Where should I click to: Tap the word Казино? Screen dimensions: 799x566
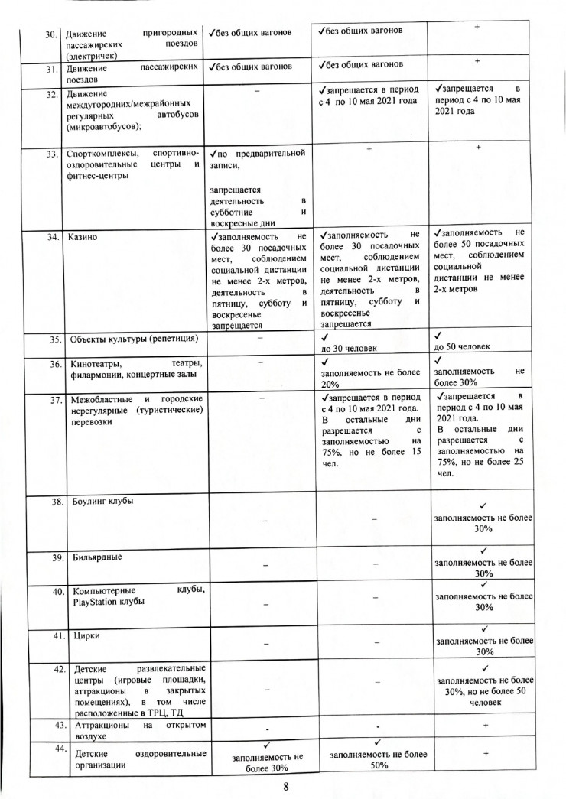tap(86, 237)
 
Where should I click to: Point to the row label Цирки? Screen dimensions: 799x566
tap(86, 636)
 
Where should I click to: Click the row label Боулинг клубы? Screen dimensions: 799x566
tap(103, 502)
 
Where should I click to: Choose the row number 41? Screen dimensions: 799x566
tap(56, 636)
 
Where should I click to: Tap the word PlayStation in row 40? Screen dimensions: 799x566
tap(97, 602)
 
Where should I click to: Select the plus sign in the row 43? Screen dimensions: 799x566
tap(485, 725)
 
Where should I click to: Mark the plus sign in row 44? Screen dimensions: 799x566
tap(485, 753)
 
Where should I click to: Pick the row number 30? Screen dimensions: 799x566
tap(52, 34)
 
